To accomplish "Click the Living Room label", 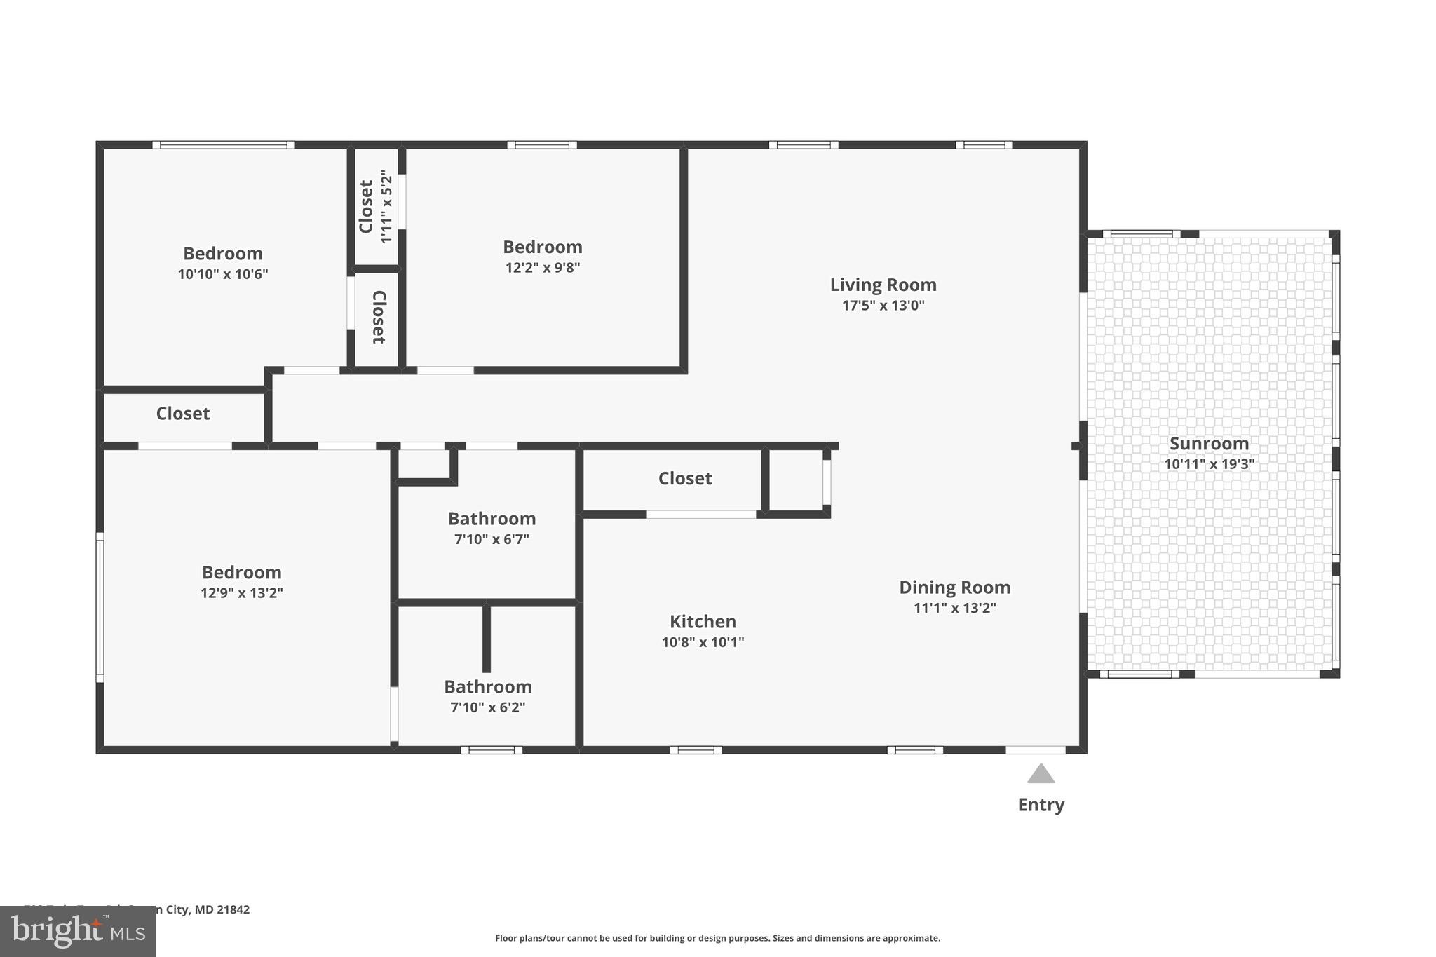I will (883, 285).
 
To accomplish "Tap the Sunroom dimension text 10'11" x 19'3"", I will (1209, 464).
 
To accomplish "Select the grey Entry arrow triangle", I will (1041, 774).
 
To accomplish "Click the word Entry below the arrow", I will (1041, 805).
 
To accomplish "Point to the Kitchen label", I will (703, 622).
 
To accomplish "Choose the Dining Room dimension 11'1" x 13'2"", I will (954, 608).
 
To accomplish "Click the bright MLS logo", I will (77, 931).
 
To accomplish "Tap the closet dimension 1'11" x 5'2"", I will (386, 207).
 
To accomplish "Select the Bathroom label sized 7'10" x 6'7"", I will (492, 519).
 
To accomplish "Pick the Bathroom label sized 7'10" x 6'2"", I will (487, 686).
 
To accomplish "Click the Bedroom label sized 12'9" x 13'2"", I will (241, 572).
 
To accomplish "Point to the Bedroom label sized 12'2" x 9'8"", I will (542, 247).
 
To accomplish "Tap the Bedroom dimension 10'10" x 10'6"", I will (223, 274).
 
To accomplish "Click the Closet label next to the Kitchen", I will (684, 478).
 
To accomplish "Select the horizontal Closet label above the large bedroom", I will (182, 414).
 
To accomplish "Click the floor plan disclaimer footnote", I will (717, 938).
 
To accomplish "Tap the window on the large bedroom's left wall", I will (100, 607).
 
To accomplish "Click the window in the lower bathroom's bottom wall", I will (491, 750).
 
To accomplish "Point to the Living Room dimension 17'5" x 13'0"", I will (883, 306).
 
